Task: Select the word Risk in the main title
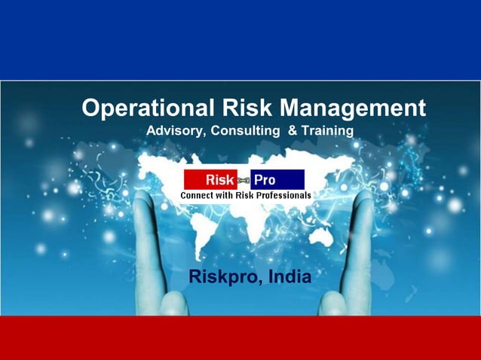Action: (242, 108)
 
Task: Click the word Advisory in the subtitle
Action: (174, 131)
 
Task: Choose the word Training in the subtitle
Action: (326, 131)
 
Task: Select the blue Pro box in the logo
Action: (277, 180)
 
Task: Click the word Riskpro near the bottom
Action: (222, 276)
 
